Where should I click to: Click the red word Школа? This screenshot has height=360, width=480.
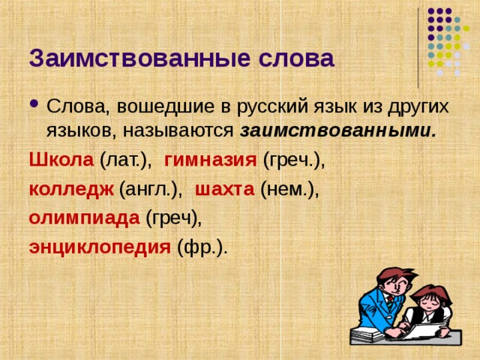[x=61, y=159]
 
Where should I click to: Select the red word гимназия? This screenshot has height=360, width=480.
[x=211, y=159]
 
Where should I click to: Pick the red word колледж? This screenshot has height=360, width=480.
[x=71, y=189]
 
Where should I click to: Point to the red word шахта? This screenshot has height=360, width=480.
[x=224, y=189]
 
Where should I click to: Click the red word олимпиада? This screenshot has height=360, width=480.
[x=84, y=218]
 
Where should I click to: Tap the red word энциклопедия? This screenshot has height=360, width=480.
[x=99, y=247]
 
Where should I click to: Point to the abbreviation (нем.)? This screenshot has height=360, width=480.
[x=289, y=189]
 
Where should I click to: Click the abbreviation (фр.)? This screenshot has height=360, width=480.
[x=202, y=247]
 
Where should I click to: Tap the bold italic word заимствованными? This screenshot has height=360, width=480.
[x=338, y=130]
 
